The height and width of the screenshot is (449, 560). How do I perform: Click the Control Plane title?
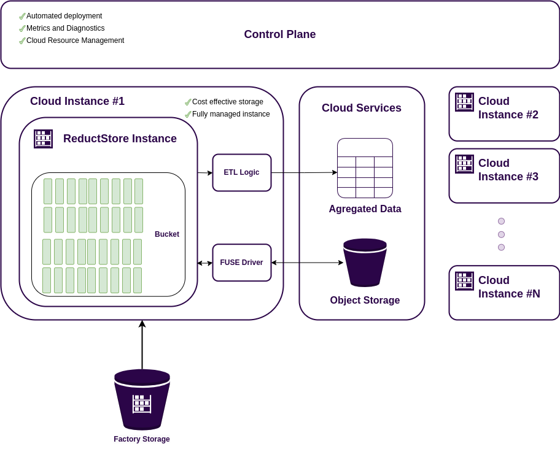pyautogui.click(x=279, y=34)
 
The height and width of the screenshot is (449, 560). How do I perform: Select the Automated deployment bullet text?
pyautogui.click(x=64, y=16)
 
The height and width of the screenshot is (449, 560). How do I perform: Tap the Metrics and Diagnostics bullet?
pyautogui.click(x=65, y=28)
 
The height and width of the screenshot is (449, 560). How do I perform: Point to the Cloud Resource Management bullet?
pyautogui.click(x=75, y=40)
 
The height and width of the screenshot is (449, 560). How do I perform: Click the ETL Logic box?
pyautogui.click(x=241, y=172)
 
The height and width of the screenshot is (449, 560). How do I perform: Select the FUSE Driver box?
pyautogui.click(x=241, y=263)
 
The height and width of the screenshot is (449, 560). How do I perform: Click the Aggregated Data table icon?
pyautogui.click(x=365, y=168)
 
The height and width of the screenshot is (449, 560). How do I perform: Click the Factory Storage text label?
pyautogui.click(x=142, y=439)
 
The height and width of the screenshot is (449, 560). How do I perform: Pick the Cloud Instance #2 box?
pyautogui.click(x=504, y=114)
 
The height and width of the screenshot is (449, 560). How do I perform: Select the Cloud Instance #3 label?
pyautogui.click(x=508, y=170)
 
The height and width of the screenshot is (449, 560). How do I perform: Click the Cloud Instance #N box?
pyautogui.click(x=504, y=293)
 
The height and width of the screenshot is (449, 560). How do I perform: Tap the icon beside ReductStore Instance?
pyautogui.click(x=43, y=139)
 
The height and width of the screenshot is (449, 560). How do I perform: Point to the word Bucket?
pyautogui.click(x=167, y=234)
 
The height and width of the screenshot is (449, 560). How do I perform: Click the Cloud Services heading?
pyautogui.click(x=361, y=108)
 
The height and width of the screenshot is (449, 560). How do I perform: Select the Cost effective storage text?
pyautogui.click(x=227, y=102)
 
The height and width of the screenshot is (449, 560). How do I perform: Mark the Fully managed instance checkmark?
pyautogui.click(x=188, y=114)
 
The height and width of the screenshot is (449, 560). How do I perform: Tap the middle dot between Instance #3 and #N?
pyautogui.click(x=501, y=234)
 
